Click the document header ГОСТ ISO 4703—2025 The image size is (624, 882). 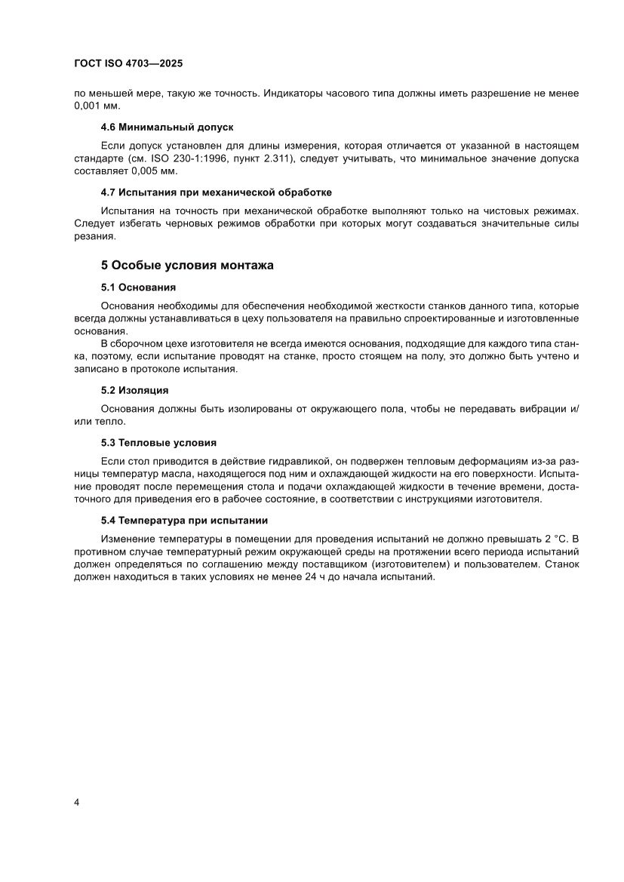[x=128, y=64]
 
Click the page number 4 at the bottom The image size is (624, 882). [x=77, y=801]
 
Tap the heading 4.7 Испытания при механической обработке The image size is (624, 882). [x=216, y=192]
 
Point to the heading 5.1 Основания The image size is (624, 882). [x=138, y=287]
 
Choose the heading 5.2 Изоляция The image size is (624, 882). [x=134, y=390]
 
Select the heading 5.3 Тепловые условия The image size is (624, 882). [x=158, y=442]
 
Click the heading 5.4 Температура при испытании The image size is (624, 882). [x=185, y=521]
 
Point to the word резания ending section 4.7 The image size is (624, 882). [x=95, y=235]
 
